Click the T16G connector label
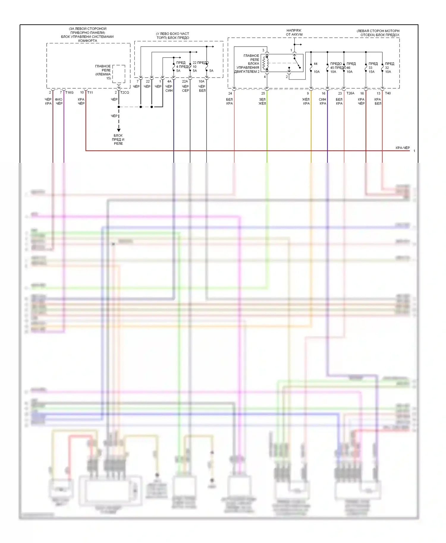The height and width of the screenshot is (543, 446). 69,92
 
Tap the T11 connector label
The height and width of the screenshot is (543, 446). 90,92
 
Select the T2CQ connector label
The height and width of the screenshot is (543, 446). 125,92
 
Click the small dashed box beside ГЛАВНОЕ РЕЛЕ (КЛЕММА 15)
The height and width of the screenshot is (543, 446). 119,74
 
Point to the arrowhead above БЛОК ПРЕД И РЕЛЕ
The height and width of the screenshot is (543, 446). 119,130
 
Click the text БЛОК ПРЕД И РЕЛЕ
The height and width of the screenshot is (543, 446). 118,139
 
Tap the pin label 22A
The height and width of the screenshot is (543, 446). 185,81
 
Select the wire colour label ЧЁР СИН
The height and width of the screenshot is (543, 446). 169,89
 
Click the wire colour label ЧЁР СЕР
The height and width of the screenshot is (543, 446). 185,89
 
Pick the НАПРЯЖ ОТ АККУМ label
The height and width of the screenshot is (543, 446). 294,32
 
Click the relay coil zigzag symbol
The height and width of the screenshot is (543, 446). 265,63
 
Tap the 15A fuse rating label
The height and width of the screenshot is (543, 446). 372,72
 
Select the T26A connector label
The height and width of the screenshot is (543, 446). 350,93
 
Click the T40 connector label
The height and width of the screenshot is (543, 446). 388,93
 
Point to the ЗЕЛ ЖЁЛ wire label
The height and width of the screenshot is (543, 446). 262,101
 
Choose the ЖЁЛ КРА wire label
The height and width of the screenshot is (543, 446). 306,101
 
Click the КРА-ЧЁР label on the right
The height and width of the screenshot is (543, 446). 403,148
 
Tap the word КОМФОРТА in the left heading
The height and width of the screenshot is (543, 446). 87,41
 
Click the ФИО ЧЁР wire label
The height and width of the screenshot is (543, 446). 59,101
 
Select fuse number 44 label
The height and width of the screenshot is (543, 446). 315,64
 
